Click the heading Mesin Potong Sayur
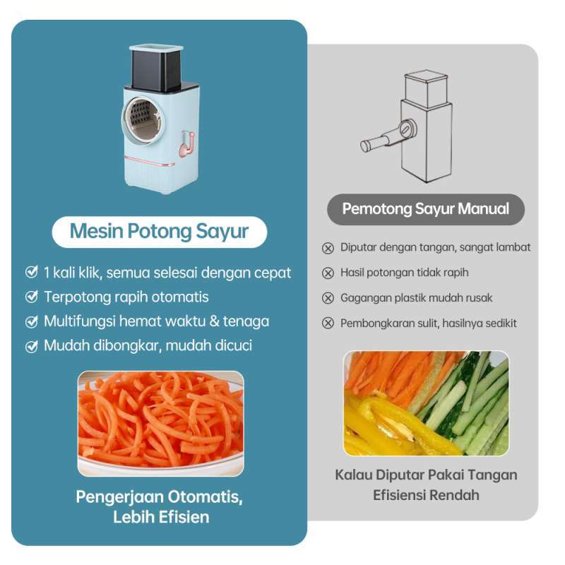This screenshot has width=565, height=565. click(160, 232)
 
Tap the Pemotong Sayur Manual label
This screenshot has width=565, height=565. click(426, 209)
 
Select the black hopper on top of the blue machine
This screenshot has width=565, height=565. click(155, 71)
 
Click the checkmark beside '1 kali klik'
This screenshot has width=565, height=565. click(31, 272)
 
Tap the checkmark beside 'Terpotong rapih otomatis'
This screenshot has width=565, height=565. click(31, 297)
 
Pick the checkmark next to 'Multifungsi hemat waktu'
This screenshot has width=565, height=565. click(31, 321)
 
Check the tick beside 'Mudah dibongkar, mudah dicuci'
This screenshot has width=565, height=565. click(31, 346)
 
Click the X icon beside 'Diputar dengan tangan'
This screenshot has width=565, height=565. click(328, 248)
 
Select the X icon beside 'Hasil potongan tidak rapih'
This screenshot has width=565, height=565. click(328, 273)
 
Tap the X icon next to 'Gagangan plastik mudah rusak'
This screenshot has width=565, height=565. click(328, 298)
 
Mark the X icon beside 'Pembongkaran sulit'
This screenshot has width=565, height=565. click(328, 323)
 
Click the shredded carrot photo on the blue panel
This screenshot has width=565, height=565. click(160, 422)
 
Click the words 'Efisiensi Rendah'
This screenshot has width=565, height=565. click(426, 495)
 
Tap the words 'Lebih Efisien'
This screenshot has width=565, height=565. click(160, 517)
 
